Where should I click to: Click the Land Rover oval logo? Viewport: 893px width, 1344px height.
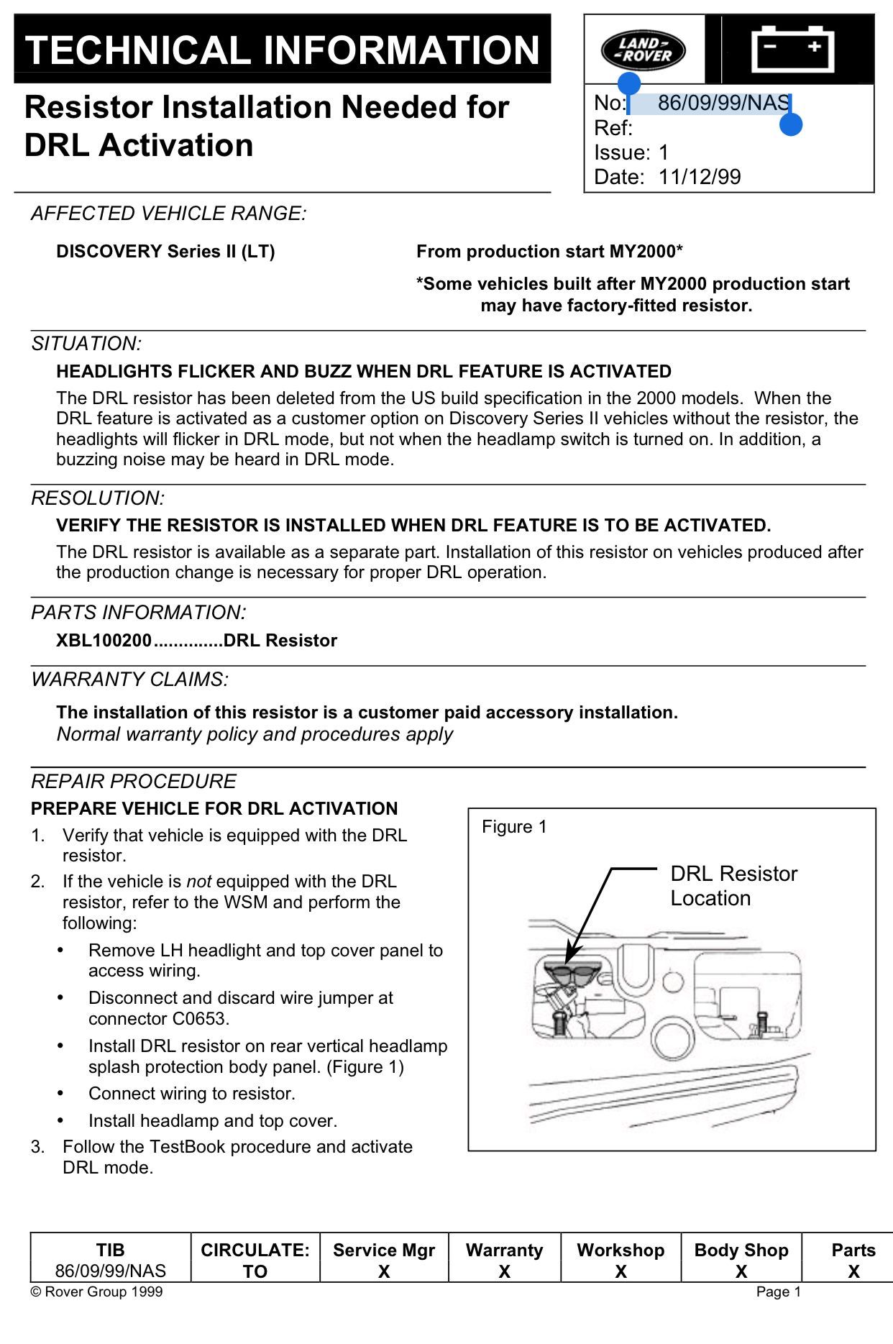(x=643, y=50)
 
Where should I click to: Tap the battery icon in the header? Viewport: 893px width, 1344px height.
(x=792, y=49)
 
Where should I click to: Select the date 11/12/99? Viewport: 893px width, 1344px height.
(x=699, y=177)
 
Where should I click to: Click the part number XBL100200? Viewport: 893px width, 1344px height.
(x=104, y=641)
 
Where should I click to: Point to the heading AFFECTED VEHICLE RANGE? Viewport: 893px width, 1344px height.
(x=168, y=214)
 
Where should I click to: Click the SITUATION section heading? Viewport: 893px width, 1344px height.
(x=86, y=344)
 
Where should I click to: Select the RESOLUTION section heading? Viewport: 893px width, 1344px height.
(x=98, y=498)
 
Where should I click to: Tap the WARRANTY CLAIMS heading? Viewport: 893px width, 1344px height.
(x=129, y=680)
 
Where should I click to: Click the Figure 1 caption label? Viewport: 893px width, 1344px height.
(x=514, y=827)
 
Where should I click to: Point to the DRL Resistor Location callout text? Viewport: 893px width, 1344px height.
(x=733, y=886)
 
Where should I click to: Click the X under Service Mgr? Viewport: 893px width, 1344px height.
(x=384, y=1272)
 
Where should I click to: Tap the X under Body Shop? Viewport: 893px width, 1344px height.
(x=741, y=1272)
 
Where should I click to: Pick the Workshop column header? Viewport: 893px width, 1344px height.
(x=620, y=1251)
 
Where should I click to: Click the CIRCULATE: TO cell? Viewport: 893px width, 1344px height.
(x=255, y=1261)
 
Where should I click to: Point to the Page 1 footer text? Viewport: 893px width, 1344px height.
(x=778, y=1292)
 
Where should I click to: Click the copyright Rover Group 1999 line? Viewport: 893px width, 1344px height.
(x=96, y=1292)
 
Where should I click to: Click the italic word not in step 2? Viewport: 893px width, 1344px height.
(x=198, y=882)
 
